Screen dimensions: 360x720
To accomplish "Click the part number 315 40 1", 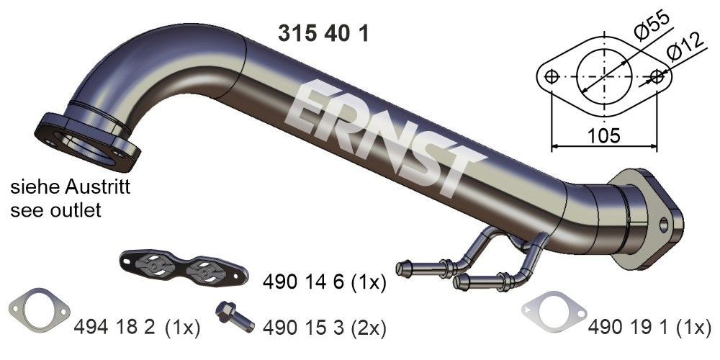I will tap(323, 33).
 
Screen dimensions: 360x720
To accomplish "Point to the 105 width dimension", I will tap(603, 136).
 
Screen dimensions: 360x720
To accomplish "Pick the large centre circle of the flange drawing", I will tap(603, 76).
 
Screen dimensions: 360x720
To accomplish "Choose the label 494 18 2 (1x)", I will tap(136, 329).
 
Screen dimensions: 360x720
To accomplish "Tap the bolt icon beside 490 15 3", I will tap(233, 318).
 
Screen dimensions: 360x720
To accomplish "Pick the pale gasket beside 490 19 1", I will tap(553, 312).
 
